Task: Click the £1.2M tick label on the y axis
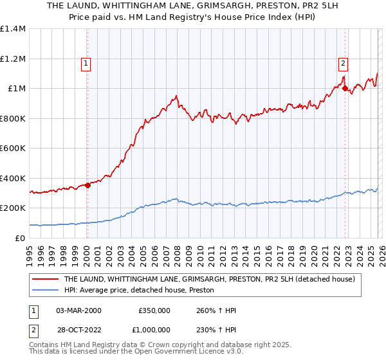(x=14, y=59)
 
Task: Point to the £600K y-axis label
(x=14, y=148)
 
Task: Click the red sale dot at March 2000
(x=87, y=186)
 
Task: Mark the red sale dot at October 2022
(x=345, y=88)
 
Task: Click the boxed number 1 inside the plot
(x=86, y=63)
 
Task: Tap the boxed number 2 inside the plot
(x=344, y=63)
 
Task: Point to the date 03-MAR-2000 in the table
(x=78, y=310)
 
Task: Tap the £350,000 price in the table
(x=154, y=310)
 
